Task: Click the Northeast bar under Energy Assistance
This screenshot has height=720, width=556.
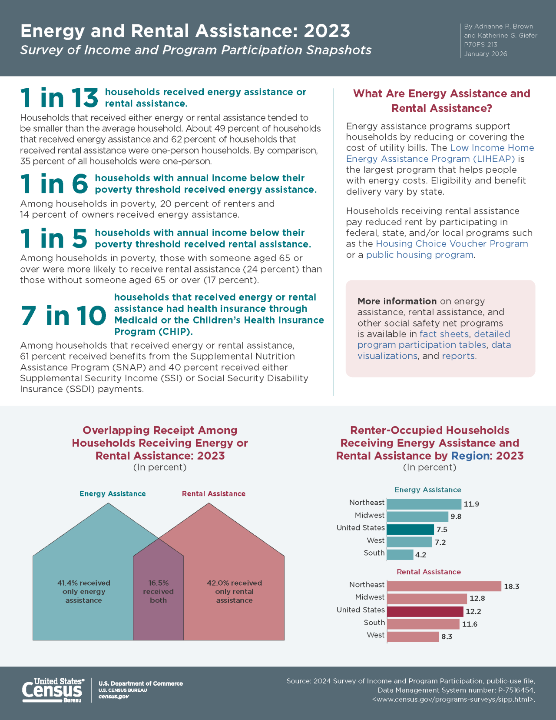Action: click(x=424, y=504)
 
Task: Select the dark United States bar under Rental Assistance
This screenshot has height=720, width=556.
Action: click(x=425, y=611)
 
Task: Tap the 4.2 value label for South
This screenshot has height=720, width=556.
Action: click(x=420, y=555)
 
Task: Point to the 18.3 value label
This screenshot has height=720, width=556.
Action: click(x=511, y=587)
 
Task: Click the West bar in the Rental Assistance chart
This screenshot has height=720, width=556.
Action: click(x=413, y=637)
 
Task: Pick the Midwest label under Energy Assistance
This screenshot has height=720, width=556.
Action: click(x=369, y=515)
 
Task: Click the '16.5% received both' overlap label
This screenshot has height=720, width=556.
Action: click(x=158, y=591)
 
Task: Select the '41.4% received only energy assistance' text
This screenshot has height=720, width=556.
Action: click(x=83, y=591)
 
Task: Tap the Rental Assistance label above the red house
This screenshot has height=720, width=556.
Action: click(x=213, y=494)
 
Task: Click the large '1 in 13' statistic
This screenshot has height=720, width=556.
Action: click(x=59, y=97)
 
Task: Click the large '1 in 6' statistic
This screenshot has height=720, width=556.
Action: click(x=54, y=184)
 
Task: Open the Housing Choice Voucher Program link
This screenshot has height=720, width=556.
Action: click(x=452, y=244)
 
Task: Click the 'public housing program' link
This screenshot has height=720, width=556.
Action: click(x=420, y=255)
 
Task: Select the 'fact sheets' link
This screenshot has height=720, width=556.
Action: click(x=444, y=334)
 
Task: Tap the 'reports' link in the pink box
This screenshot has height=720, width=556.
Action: click(x=458, y=356)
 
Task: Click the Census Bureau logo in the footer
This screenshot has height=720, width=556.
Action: click(x=53, y=690)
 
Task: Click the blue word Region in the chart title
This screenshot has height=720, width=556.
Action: click(x=470, y=456)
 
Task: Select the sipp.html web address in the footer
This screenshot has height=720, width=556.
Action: click(x=453, y=700)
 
